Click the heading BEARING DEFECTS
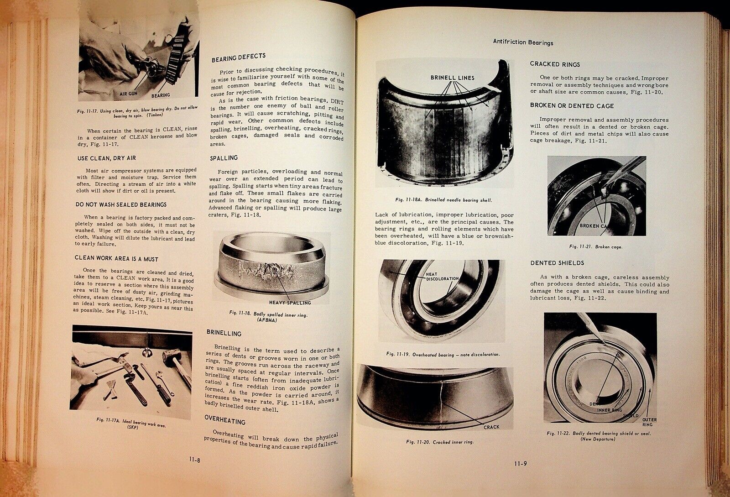pyautogui.click(x=238, y=56)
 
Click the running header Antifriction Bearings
pyautogui.click(x=523, y=42)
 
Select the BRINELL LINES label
pyautogui.click(x=453, y=78)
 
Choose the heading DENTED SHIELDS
pyautogui.click(x=557, y=263)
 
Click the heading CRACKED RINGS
pyautogui.click(x=555, y=64)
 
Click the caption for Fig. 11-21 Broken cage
pyautogui.click(x=595, y=246)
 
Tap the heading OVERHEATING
pyautogui.click(x=225, y=422)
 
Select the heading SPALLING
pyautogui.click(x=224, y=157)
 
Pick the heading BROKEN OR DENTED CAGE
pyautogui.click(x=572, y=105)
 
